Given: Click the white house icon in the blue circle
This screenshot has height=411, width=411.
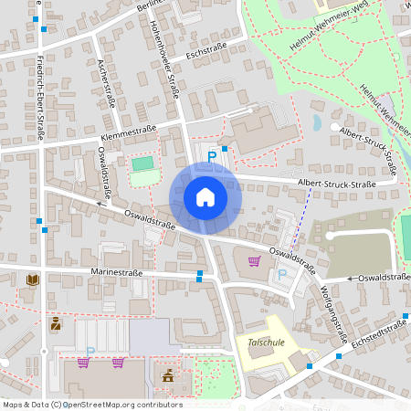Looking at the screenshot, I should click(x=205, y=196).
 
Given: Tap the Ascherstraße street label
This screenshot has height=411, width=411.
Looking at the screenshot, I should click(x=104, y=82).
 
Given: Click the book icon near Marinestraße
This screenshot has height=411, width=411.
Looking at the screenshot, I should click(x=33, y=279).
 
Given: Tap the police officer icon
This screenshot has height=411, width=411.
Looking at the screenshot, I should click(x=57, y=324).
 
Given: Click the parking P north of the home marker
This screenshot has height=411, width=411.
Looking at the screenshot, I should click(x=212, y=157).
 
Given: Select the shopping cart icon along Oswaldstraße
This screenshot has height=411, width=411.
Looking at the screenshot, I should click(x=254, y=262).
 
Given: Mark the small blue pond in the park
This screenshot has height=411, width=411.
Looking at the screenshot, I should click(x=317, y=121).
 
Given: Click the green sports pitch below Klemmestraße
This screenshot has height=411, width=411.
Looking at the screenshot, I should click(x=142, y=164).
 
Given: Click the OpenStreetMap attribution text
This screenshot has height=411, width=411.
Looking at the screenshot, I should click(x=92, y=404).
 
